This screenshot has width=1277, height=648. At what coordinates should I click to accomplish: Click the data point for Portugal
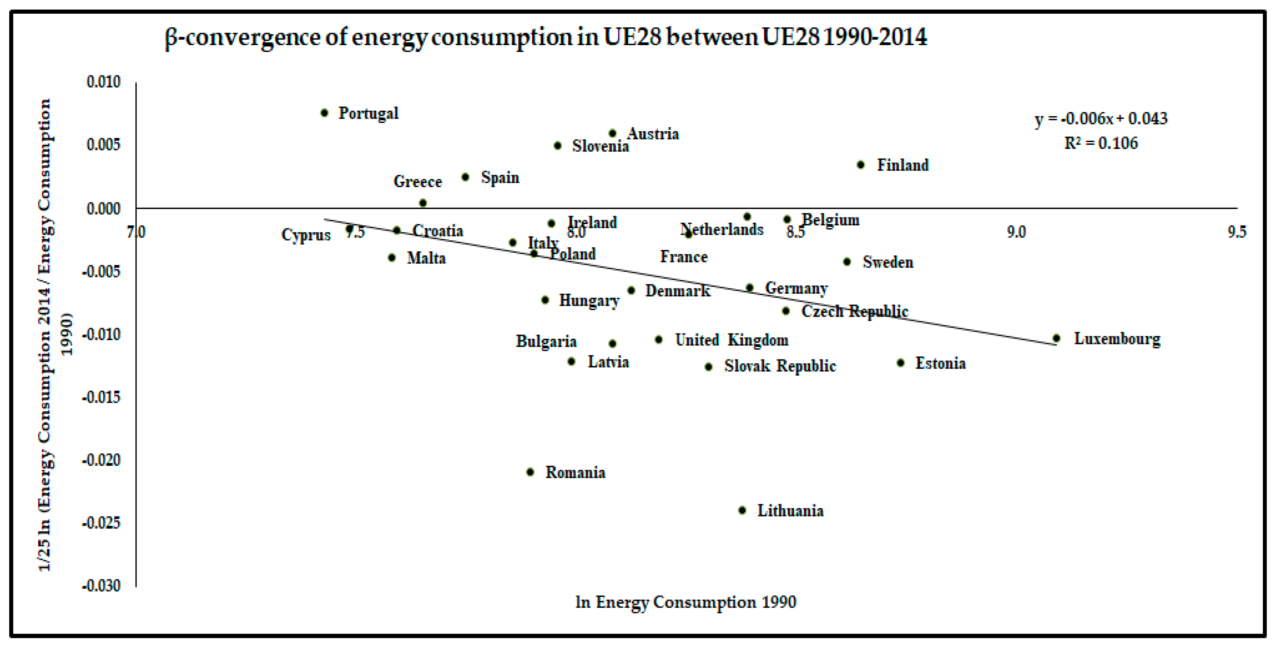[x=324, y=113]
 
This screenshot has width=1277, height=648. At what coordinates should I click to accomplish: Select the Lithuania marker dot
[x=742, y=510]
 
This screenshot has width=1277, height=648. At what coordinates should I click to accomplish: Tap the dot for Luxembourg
[x=1056, y=338]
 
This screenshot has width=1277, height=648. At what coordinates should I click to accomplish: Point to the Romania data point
[x=530, y=472]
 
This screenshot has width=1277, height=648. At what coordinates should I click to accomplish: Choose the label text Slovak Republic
[x=780, y=366]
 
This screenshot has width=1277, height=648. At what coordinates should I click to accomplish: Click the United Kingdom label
[x=731, y=340]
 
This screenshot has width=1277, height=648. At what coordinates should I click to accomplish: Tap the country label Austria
[x=652, y=134]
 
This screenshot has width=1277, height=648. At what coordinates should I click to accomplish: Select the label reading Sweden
[x=887, y=262]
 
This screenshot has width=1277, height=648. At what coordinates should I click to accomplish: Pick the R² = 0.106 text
[x=1101, y=143]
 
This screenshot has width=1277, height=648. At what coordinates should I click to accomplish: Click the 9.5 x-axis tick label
[x=1236, y=232]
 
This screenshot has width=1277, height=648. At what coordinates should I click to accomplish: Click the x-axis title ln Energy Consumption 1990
[x=686, y=602]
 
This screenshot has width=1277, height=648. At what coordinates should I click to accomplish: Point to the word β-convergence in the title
[x=243, y=38]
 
